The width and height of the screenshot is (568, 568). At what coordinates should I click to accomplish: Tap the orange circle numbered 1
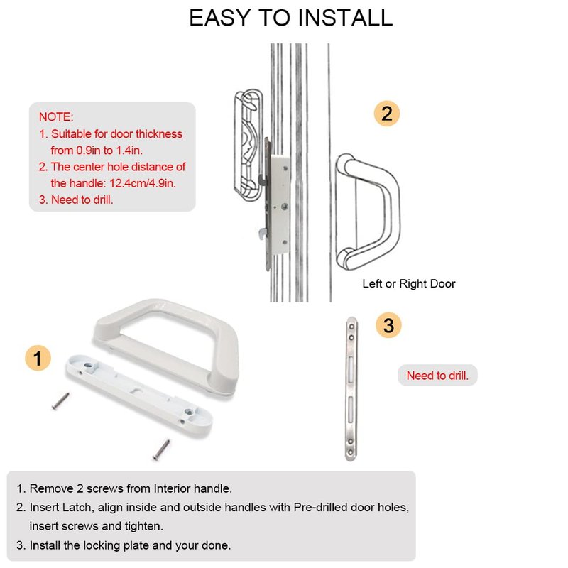click(38, 359)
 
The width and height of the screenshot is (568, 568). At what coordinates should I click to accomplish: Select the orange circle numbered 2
click(387, 114)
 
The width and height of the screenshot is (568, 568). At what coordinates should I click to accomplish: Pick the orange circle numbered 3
click(388, 325)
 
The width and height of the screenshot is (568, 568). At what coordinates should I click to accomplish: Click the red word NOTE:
click(56, 116)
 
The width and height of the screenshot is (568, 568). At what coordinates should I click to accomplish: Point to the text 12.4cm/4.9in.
click(143, 183)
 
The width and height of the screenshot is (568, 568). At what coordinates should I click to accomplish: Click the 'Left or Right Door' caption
click(409, 283)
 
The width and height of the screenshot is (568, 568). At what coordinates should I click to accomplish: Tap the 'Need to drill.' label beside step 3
click(437, 376)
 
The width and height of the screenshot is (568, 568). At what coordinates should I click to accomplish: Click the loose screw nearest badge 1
click(60, 401)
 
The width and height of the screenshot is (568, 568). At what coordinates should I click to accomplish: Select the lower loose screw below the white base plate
click(161, 450)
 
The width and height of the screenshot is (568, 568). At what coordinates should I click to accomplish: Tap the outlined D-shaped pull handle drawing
click(368, 212)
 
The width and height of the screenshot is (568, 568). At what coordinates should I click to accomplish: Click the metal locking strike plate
click(351, 388)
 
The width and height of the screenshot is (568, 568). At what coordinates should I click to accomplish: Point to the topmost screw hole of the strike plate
click(351, 327)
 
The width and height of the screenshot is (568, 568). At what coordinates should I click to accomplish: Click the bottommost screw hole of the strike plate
click(350, 452)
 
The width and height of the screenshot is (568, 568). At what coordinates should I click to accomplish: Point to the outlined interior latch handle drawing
click(248, 145)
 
